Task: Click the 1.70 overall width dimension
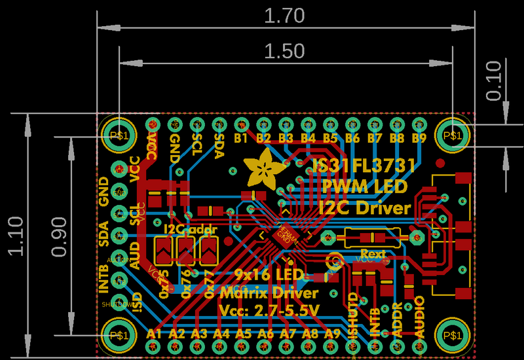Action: tap(284, 16)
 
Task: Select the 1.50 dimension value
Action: tap(284, 52)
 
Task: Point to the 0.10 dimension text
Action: tap(494, 80)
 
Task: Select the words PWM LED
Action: tap(365, 187)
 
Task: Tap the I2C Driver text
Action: tap(364, 207)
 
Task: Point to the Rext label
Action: tap(373, 253)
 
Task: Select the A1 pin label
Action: tap(154, 333)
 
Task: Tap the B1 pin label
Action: tap(241, 139)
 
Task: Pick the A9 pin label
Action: tap(332, 333)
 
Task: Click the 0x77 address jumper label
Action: tap(210, 284)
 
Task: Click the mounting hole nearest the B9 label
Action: tap(452, 134)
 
